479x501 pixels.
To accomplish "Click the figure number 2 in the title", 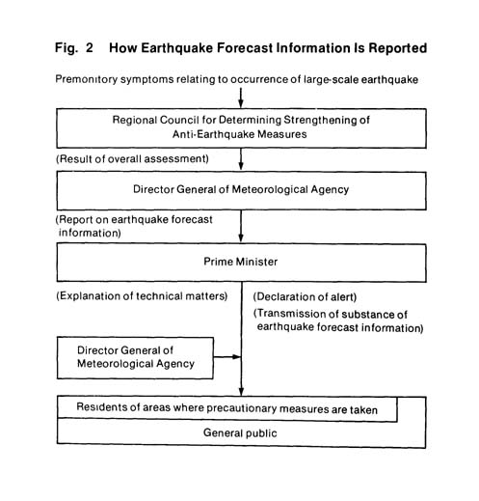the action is tap(89, 47).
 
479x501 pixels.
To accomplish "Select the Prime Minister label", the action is tap(240, 262).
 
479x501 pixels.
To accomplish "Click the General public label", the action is tap(240, 433).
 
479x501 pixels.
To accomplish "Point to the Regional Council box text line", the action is tap(241, 120).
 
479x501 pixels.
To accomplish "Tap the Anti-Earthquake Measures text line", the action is tap(239, 134).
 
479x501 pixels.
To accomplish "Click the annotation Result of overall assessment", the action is tap(132, 159).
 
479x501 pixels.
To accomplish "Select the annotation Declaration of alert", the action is tap(305, 296).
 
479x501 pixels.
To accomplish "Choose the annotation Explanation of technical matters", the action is tap(142, 296).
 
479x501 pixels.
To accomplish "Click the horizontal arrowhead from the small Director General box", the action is tap(237, 357).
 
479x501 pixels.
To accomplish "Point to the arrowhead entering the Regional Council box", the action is tap(241, 103).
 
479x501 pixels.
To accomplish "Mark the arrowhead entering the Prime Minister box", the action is tap(241, 238).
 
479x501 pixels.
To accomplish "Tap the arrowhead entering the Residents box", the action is tap(241, 391).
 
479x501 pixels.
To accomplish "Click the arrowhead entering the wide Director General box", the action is tap(241, 166).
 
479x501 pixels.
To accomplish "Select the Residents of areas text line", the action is tap(226, 408).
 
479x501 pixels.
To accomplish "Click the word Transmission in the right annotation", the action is tap(291, 314).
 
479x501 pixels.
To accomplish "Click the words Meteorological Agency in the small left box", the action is tap(136, 364).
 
